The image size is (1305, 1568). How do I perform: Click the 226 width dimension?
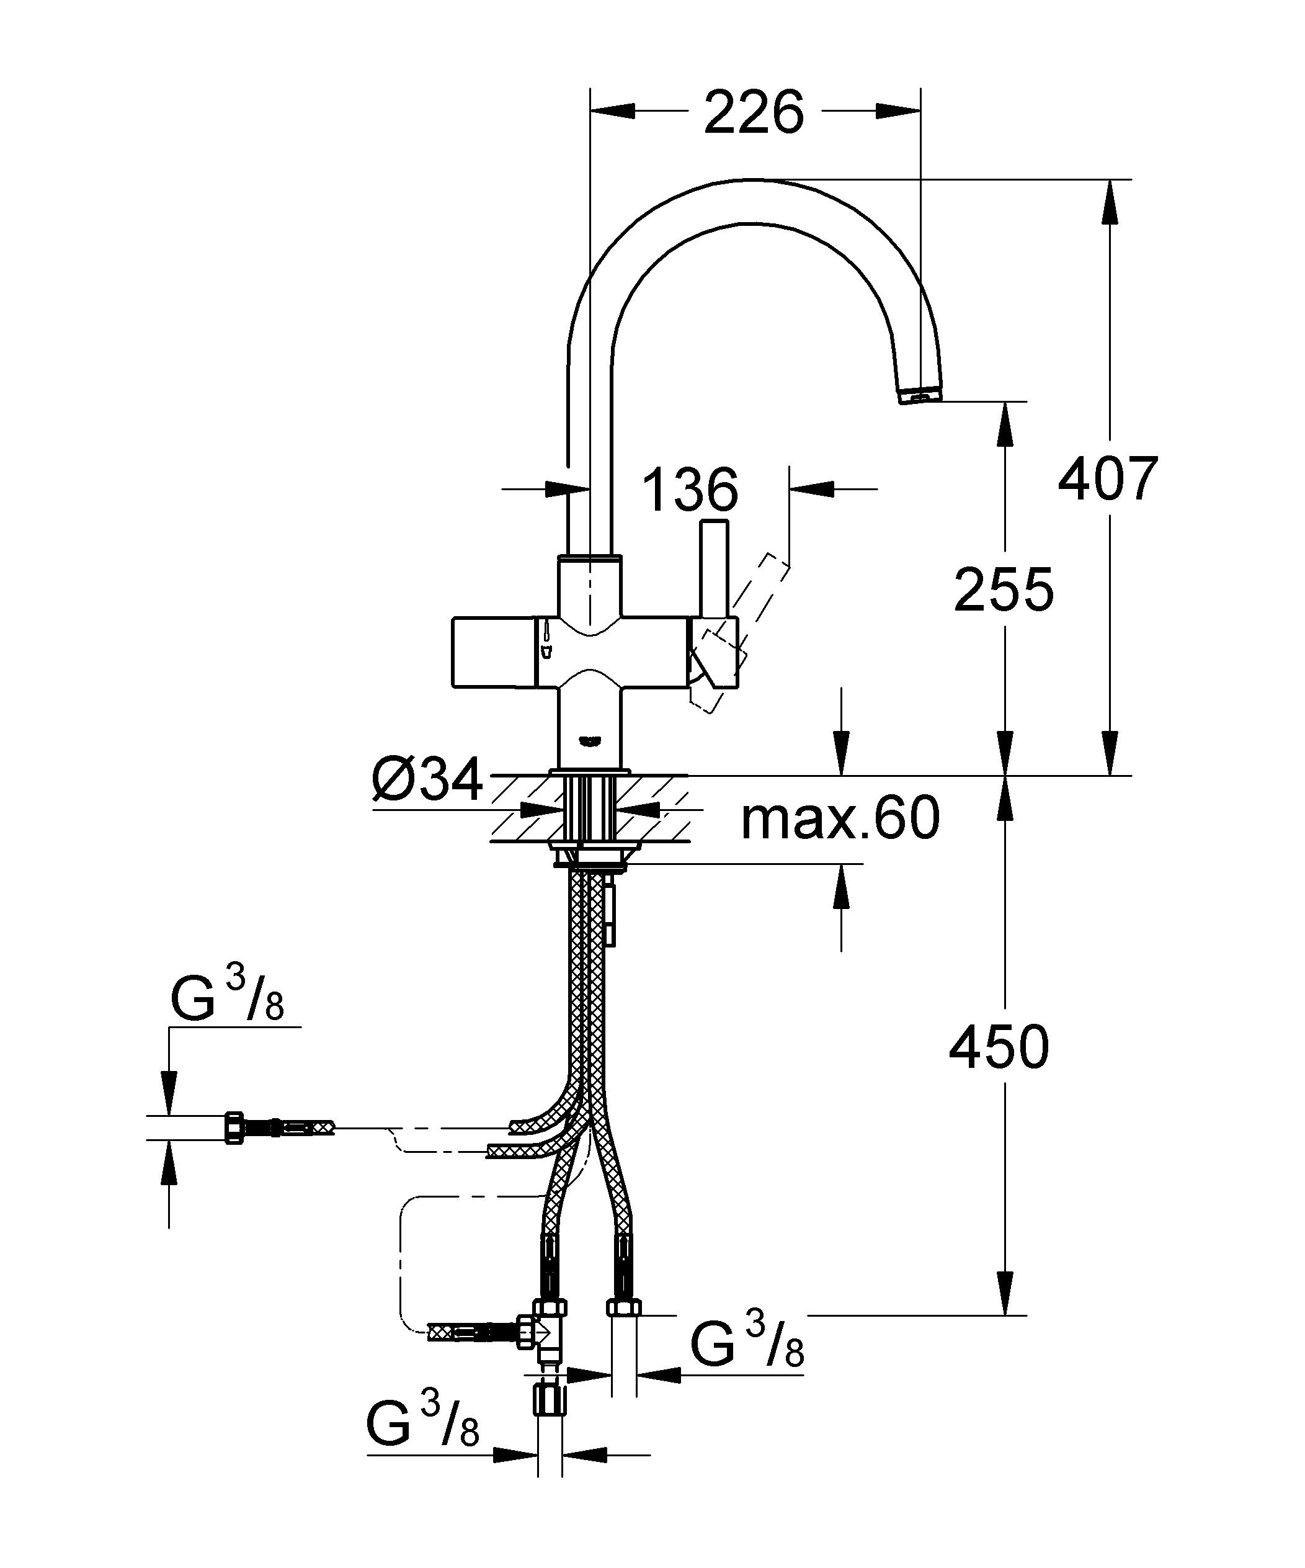[754, 112]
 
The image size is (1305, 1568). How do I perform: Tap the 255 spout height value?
[1004, 590]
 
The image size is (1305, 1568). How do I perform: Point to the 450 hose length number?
[999, 1047]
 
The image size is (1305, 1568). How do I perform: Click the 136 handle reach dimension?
[689, 491]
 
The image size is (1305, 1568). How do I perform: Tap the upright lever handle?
[715, 568]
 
